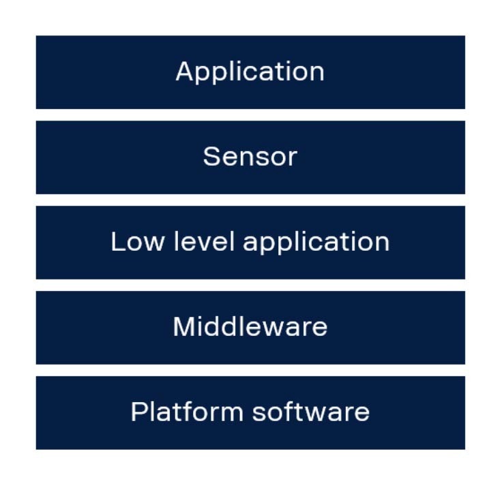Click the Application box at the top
tap(250, 72)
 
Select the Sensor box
tap(250, 157)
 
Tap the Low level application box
tap(250, 243)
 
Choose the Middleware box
tap(250, 328)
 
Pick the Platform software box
tap(250, 413)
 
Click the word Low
tap(138, 241)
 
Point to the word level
tap(205, 241)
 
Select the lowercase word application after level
tap(316, 243)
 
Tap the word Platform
tap(187, 412)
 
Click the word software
tap(311, 412)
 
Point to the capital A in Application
tap(186, 71)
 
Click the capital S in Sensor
tap(212, 156)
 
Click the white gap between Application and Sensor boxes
tap(250, 115)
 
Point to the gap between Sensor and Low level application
tap(250, 200)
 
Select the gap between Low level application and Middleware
tap(250, 285)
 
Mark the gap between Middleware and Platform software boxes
tap(250, 370)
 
